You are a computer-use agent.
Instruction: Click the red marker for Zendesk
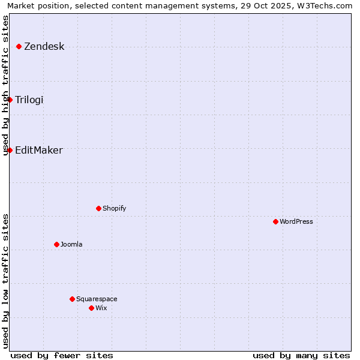pyautogui.click(x=19, y=46)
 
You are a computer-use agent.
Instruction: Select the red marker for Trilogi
pyautogui.click(x=10, y=100)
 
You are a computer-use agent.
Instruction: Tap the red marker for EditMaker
pyautogui.click(x=10, y=150)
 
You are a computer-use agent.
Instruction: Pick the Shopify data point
pyautogui.click(x=98, y=208)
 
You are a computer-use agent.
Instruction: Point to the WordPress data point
pyautogui.click(x=275, y=221)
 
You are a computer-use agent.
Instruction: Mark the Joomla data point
pyautogui.click(x=56, y=244)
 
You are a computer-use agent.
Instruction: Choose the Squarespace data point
pyautogui.click(x=72, y=299)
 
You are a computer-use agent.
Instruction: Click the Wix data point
pyautogui.click(x=91, y=308)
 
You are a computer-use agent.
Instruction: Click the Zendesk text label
pyautogui.click(x=44, y=47)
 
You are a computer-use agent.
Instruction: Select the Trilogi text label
pyautogui.click(x=29, y=100)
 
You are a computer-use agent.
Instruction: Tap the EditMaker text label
pyautogui.click(x=39, y=150)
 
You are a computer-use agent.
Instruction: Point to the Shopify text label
pyautogui.click(x=115, y=208)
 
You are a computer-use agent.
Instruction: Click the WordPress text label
pyautogui.click(x=296, y=221)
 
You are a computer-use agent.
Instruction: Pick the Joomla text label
pyautogui.click(x=71, y=244)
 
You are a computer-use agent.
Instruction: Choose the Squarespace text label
pyautogui.click(x=97, y=299)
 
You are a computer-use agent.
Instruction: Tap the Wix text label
pyautogui.click(x=101, y=308)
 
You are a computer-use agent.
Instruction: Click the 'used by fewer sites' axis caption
pyautogui.click(x=62, y=355)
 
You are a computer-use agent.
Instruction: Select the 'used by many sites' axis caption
pyautogui.click(x=301, y=355)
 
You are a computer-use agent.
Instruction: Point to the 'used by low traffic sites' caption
pyautogui.click(x=6, y=281)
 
